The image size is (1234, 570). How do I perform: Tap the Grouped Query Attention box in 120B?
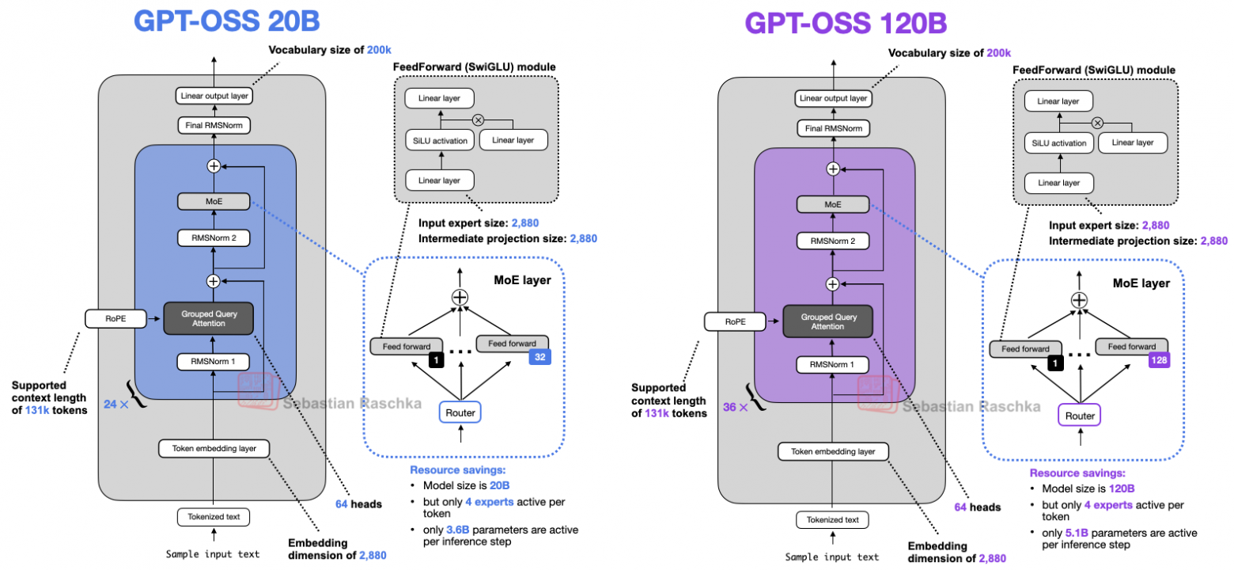tap(831, 320)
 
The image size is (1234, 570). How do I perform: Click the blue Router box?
tap(460, 412)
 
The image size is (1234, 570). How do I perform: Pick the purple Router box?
tap(1080, 414)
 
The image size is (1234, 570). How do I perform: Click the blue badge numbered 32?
tap(539, 356)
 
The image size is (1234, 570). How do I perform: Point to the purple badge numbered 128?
tap(1158, 359)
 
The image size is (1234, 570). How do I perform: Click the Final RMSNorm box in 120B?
tap(832, 128)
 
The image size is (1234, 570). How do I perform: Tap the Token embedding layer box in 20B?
tap(214, 448)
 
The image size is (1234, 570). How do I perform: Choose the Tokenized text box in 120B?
tap(832, 519)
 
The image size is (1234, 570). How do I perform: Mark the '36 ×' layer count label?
tap(733, 407)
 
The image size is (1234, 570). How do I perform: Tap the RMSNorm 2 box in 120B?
tap(832, 242)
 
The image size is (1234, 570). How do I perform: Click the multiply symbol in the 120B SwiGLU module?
tap(1097, 123)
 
